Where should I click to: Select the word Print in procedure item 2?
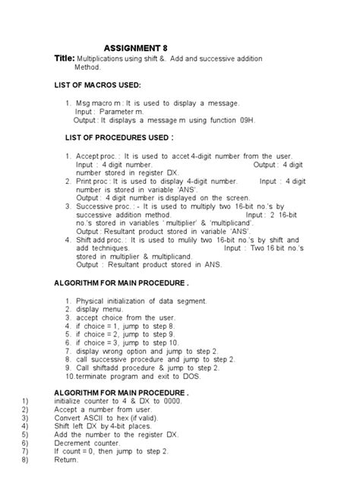point(84,181)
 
